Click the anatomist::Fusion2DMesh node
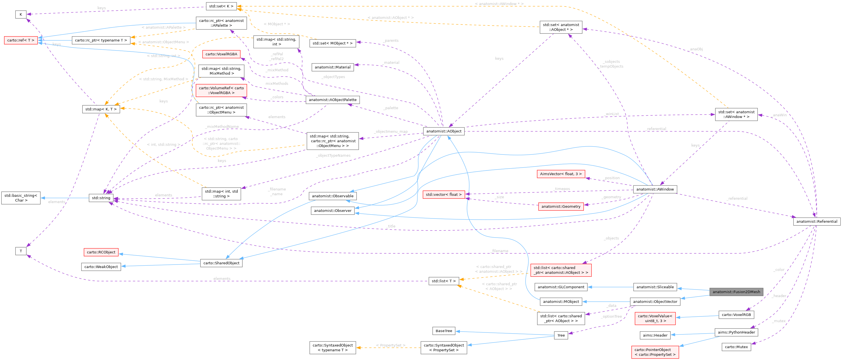736,292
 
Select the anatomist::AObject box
444,131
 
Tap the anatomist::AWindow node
655,189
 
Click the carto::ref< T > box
20,40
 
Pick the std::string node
101,198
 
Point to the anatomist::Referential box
816,221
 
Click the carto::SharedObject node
221,263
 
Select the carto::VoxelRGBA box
221,54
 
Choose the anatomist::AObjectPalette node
332,100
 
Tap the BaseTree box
444,331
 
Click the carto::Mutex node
736,347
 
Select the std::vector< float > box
444,194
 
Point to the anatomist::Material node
332,67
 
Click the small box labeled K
20,14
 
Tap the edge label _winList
612,114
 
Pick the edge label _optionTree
611,316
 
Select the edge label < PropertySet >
391,345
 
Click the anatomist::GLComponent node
561,287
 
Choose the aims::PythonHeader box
736,332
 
